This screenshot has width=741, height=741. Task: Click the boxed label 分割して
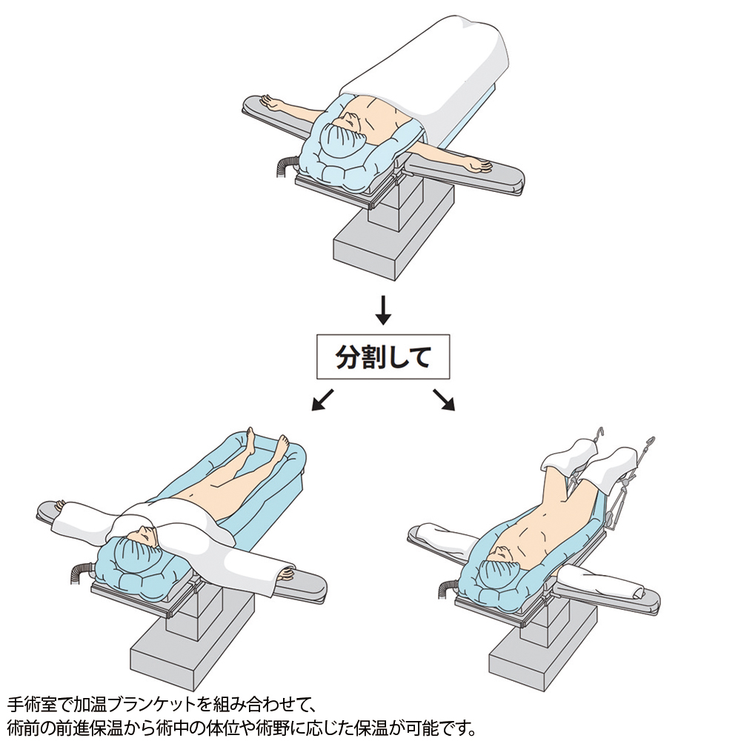(x=383, y=357)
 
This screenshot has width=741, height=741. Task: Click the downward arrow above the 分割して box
(x=383, y=310)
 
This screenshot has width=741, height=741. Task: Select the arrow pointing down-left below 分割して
(x=323, y=400)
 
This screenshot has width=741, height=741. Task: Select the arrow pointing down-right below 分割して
(x=443, y=400)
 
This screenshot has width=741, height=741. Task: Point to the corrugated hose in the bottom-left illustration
(x=79, y=574)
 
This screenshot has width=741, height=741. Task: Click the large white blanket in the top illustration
(x=425, y=71)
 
